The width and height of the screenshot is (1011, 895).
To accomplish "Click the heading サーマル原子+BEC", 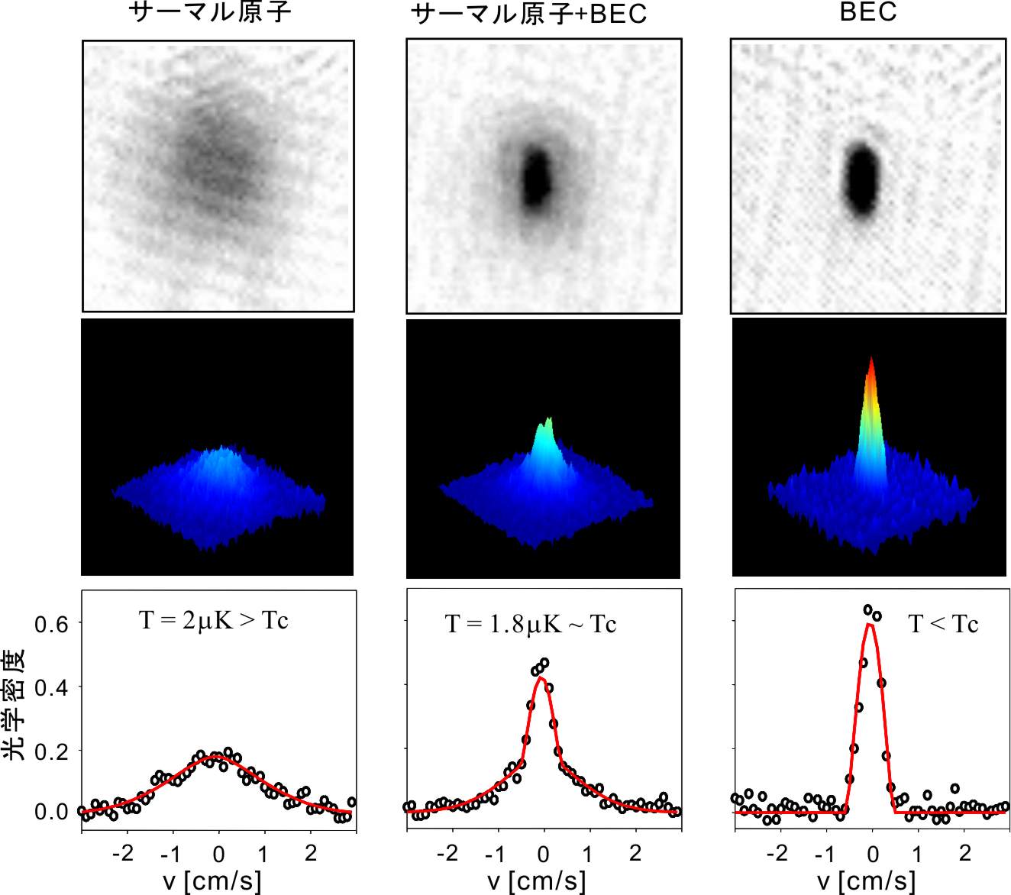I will click(528, 15).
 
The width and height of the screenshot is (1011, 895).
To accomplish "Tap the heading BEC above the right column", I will click(867, 11).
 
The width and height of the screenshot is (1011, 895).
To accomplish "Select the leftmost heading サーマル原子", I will click(212, 12).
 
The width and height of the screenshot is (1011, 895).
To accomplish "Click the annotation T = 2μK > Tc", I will click(214, 621).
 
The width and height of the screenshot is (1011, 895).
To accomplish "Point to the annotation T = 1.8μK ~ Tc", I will click(531, 625).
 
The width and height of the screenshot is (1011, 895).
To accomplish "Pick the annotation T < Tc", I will click(943, 625).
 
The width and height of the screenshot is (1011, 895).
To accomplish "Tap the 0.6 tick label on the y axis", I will click(51, 625).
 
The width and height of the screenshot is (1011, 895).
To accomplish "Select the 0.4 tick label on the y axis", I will click(51, 687).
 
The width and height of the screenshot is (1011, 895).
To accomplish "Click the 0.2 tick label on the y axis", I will click(51, 751).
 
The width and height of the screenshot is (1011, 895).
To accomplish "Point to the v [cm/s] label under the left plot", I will click(212, 880).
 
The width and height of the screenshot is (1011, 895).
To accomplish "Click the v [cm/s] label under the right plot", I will click(867, 880).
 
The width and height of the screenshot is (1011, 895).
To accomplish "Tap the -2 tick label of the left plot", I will click(123, 853).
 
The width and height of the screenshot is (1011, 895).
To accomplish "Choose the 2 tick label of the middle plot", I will click(635, 853).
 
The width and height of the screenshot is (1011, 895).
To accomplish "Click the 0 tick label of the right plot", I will click(873, 853).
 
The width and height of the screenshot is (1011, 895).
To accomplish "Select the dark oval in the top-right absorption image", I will click(863, 181).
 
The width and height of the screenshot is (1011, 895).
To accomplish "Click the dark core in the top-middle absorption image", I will click(538, 179).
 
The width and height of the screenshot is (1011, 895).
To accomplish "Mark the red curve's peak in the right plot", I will click(870, 625).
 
